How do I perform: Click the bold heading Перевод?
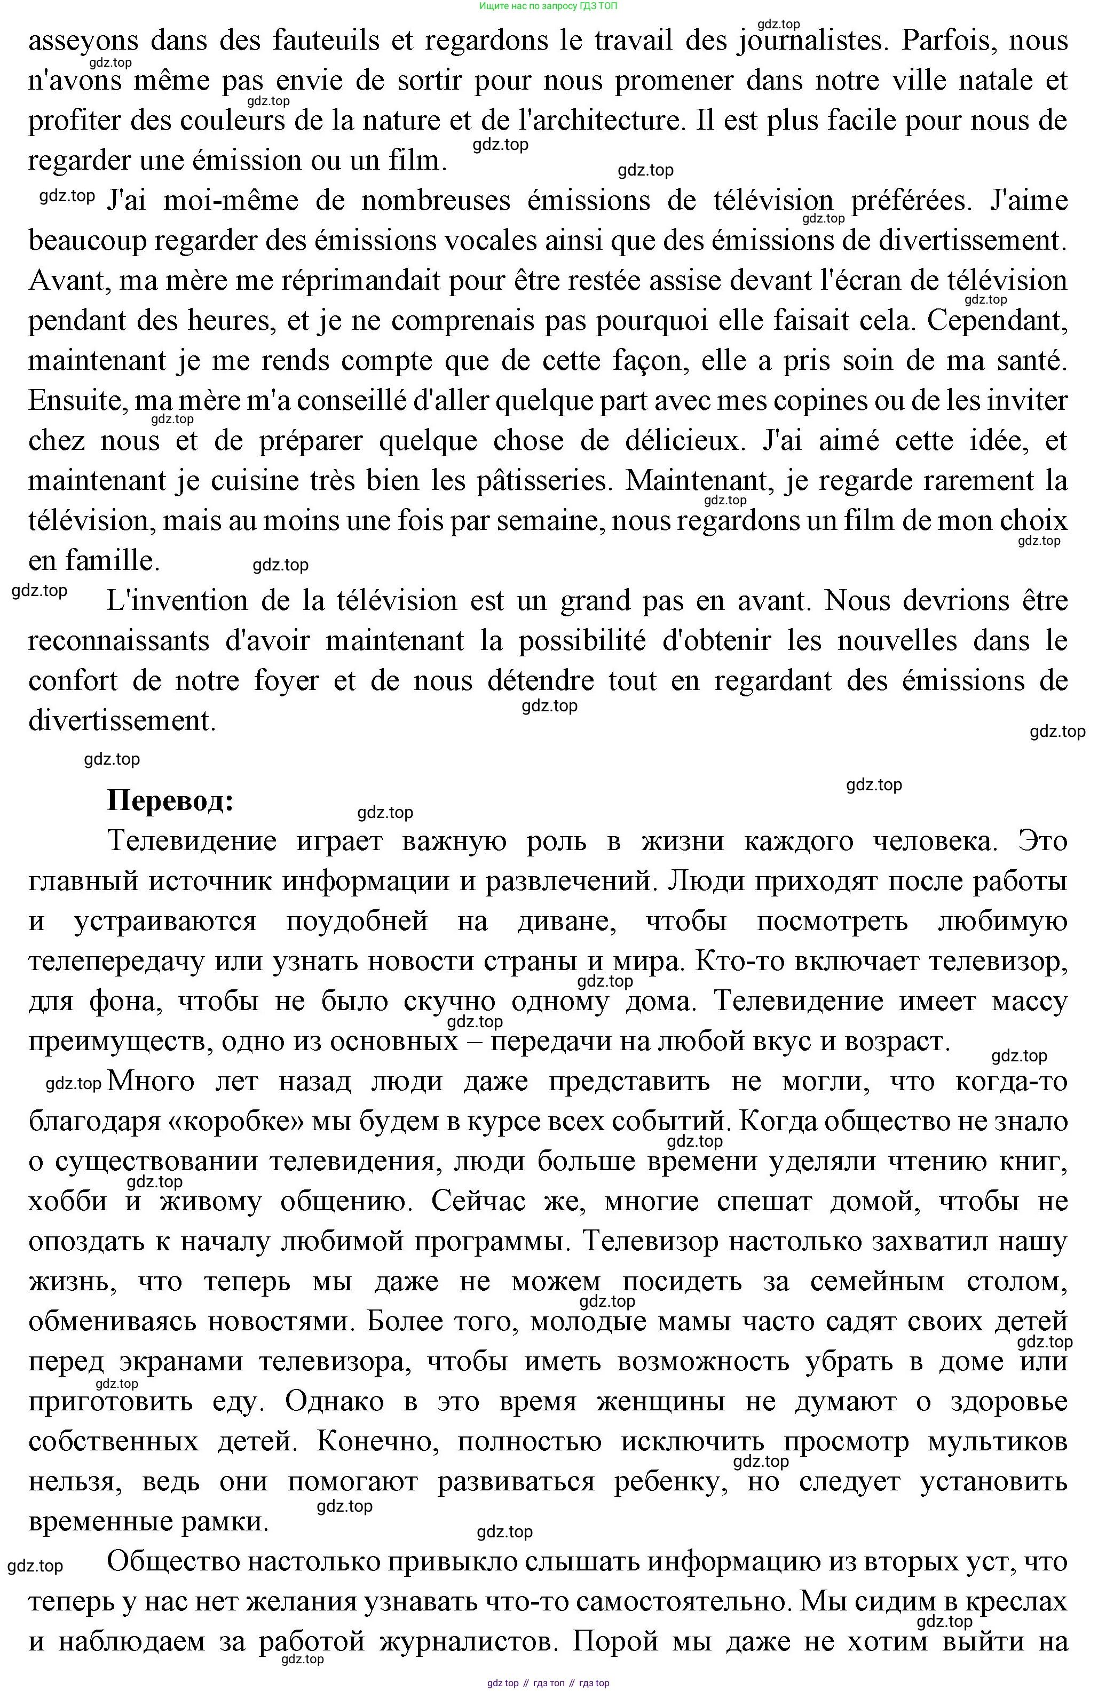[x=171, y=801]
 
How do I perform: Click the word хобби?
[x=67, y=1202]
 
